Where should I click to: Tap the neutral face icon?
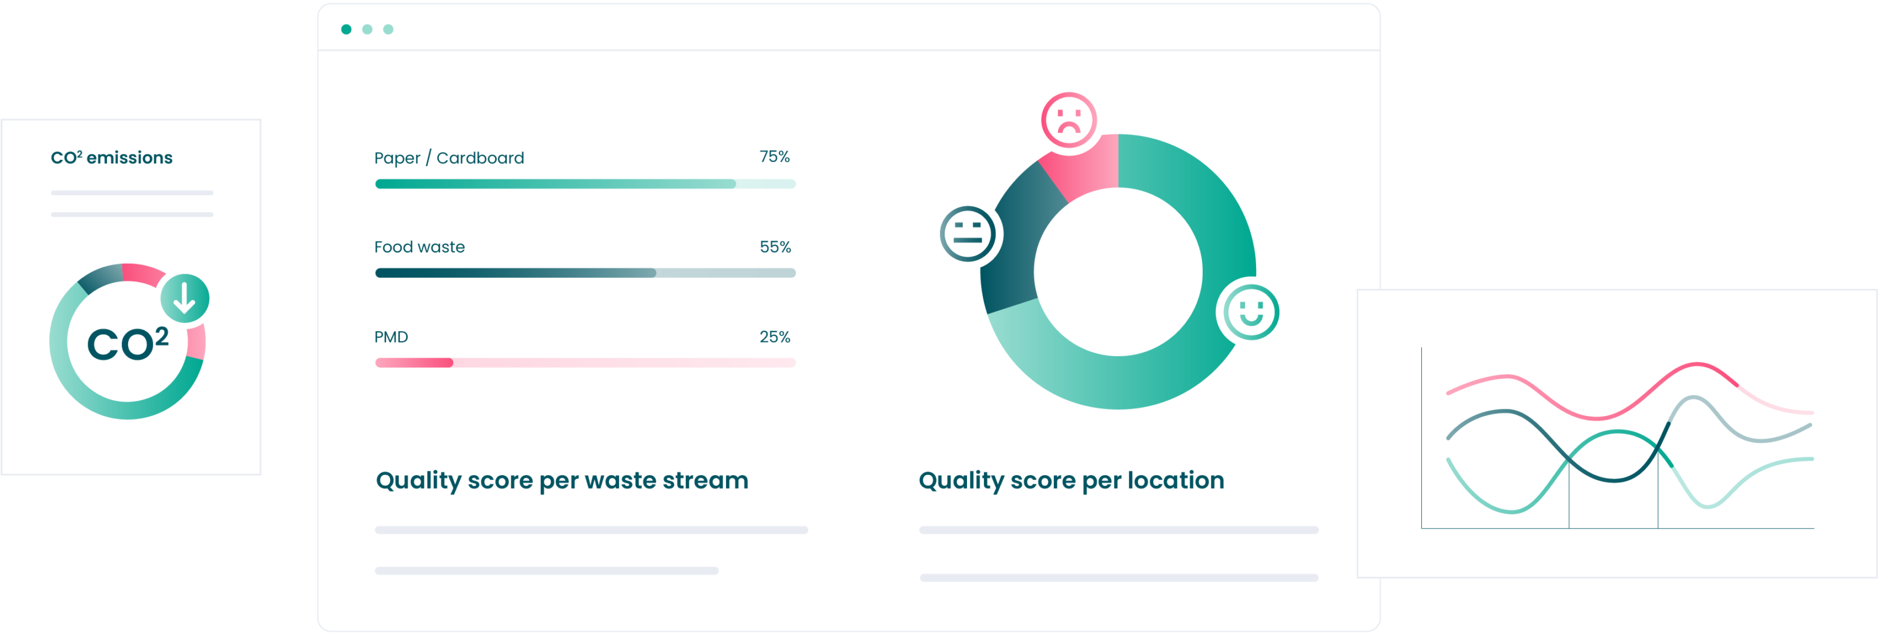(x=968, y=234)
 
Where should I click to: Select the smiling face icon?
(x=1251, y=312)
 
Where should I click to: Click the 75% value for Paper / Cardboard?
(x=774, y=157)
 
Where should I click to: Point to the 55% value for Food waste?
(x=775, y=247)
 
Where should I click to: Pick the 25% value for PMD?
(x=774, y=337)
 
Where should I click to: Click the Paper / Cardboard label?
(x=449, y=159)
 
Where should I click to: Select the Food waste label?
(x=419, y=247)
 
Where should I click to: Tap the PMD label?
(x=391, y=337)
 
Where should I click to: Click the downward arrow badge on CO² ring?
(x=185, y=298)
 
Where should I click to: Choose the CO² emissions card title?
(x=112, y=157)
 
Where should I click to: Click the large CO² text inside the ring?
(x=128, y=343)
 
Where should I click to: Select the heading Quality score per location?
(x=1071, y=481)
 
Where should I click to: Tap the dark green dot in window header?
(x=346, y=29)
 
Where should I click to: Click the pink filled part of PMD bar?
(x=414, y=363)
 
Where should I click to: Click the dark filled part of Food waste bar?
(x=516, y=273)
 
